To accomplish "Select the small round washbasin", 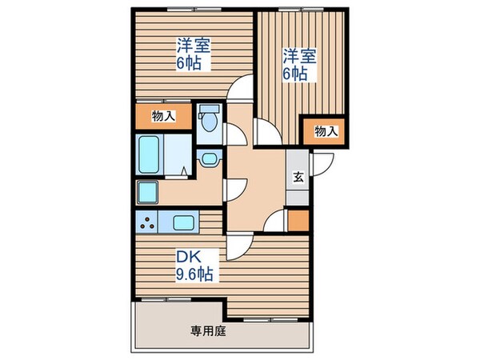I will [x=210, y=158].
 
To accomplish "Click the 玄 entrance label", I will [x=298, y=178].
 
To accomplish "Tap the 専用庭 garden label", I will [x=206, y=328].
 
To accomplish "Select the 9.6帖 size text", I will [x=195, y=274].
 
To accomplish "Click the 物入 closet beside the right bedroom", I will [x=324, y=130].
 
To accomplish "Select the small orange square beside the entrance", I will [x=297, y=218].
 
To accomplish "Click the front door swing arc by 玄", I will [x=319, y=164].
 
